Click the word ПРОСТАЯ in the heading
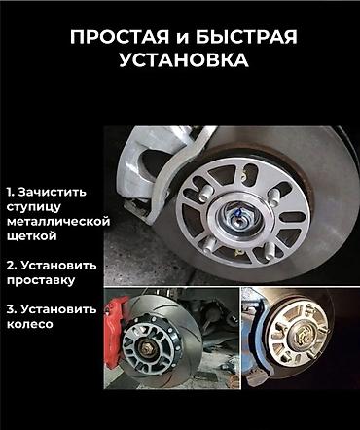coord(120,37)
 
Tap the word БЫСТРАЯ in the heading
coord(246,37)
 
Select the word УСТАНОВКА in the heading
coord(184,60)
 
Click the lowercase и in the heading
coord(182,39)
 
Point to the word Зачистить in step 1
coord(52,192)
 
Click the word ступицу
coord(34,207)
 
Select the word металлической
coord(58,222)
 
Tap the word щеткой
coord(32,236)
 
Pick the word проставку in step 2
coord(41,280)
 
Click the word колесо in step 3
coord(29,324)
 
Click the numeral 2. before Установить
coord(13,266)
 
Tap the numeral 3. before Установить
coord(12,309)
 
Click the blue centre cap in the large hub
coord(237,213)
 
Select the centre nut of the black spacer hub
coord(146,348)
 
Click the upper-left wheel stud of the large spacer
coord(205,193)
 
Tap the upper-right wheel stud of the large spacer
coord(274,197)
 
